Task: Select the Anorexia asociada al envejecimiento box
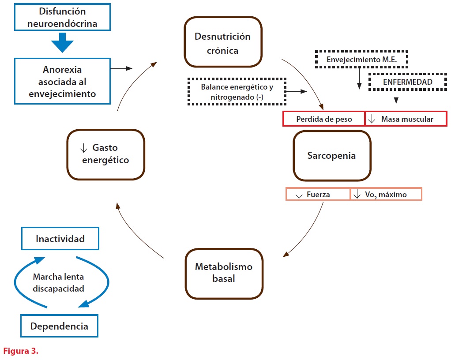[x=62, y=82]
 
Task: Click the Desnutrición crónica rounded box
[x=222, y=43]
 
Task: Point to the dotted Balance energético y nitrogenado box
[x=237, y=91]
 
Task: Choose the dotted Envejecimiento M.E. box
[x=361, y=59]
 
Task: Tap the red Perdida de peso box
[x=324, y=119]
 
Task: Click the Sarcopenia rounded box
[x=331, y=155]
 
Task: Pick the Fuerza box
[x=318, y=194]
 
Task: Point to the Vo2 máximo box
[x=386, y=194]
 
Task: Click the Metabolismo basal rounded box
[x=224, y=273]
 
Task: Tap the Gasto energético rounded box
[x=105, y=154]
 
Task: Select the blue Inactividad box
[x=60, y=239]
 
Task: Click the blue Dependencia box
[x=59, y=326]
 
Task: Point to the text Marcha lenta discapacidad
[x=58, y=283]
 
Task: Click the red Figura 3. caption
[x=21, y=352]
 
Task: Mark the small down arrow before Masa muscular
[x=372, y=119]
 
